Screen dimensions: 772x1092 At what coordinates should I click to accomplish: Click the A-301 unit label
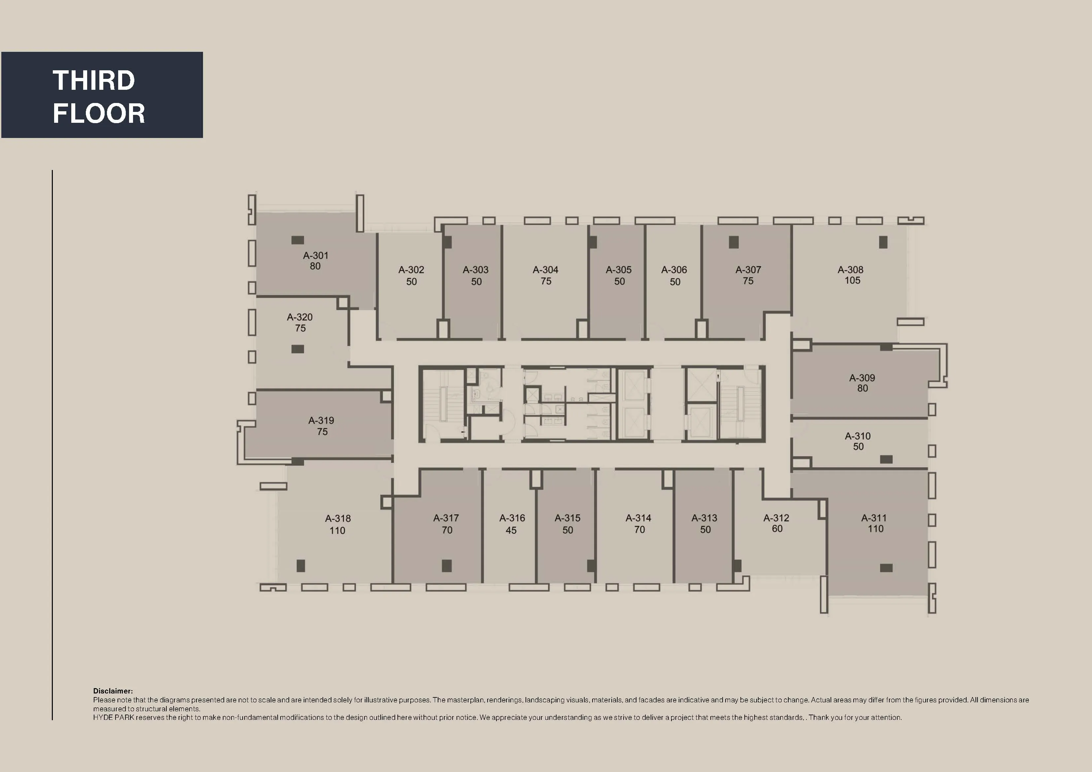click(315, 255)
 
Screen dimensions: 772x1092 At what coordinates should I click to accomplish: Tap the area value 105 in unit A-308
click(852, 281)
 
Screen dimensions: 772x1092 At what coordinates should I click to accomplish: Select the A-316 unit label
click(512, 518)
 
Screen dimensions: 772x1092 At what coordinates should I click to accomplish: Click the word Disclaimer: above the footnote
click(113, 691)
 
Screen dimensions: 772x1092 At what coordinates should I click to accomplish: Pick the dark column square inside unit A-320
click(298, 349)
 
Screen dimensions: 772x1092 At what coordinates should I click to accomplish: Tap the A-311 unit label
click(874, 518)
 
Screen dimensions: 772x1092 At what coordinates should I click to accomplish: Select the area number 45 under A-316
click(511, 530)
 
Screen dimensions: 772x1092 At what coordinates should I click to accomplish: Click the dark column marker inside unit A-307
click(734, 242)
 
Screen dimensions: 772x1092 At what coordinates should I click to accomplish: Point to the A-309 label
click(862, 378)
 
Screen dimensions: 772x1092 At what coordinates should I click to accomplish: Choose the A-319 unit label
click(321, 420)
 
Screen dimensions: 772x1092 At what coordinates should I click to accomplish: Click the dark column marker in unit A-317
click(447, 566)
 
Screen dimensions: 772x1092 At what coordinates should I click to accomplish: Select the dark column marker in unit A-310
click(886, 459)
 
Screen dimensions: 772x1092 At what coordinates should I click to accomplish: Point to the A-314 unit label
click(638, 518)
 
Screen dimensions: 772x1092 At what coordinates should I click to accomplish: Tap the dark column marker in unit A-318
click(301, 566)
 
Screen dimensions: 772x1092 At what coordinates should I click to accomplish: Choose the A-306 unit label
click(674, 270)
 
